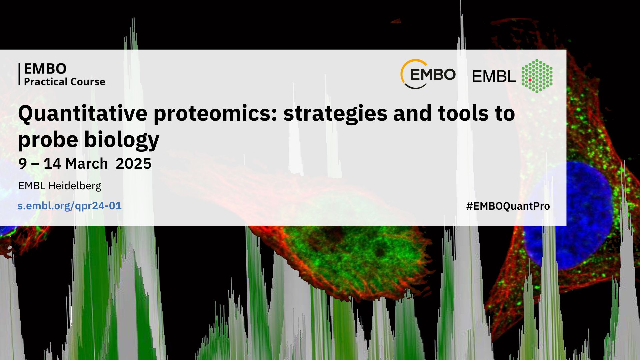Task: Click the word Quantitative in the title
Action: point(83,114)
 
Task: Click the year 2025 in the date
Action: point(134,164)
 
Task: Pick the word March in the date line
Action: point(86,164)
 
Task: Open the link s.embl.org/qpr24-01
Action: point(70,206)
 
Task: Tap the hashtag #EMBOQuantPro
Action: point(508,206)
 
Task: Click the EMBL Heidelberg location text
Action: point(60,186)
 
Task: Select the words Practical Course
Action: point(65,82)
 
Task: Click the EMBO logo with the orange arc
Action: point(428,74)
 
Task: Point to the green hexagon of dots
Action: point(537,76)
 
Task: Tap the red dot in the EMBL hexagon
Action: point(530,80)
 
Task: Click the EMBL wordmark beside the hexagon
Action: point(494,77)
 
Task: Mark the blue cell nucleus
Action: point(568,215)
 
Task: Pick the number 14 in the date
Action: point(52,164)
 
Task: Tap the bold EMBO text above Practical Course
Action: point(45,69)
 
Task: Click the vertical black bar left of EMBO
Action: point(19,74)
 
